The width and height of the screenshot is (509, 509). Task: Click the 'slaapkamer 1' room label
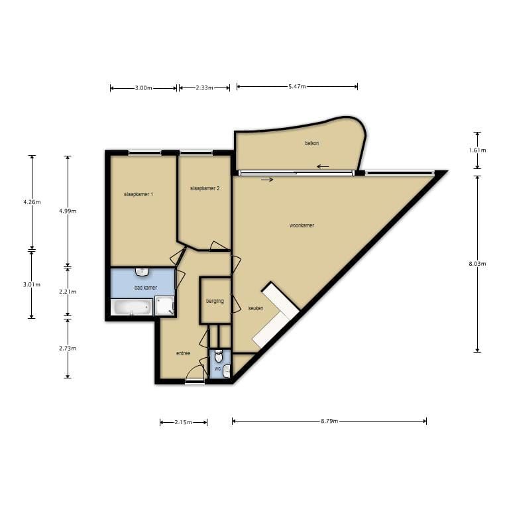[x=139, y=194]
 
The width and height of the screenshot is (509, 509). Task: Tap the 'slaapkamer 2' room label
[x=204, y=188]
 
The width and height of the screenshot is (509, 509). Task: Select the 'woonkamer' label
[x=302, y=225]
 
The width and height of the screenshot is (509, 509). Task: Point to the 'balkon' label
[x=312, y=143]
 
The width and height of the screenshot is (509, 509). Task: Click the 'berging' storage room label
[x=215, y=301]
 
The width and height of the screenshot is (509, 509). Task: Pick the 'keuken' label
[x=256, y=308]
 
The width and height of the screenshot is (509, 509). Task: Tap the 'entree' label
[x=184, y=353]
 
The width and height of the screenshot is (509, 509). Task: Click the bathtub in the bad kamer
[x=132, y=308]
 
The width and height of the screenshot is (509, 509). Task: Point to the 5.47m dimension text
[x=297, y=87]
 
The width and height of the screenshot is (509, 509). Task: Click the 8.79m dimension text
[x=329, y=421]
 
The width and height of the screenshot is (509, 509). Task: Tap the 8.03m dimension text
[x=477, y=264]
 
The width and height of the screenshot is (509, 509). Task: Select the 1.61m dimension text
[x=477, y=150]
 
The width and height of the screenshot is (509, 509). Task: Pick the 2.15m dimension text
[x=184, y=422]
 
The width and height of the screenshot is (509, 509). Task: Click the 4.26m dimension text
[x=32, y=202]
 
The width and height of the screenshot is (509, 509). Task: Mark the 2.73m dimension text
[x=68, y=348]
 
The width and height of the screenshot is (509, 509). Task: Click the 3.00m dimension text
[x=144, y=88]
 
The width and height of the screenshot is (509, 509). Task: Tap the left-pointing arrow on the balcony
[x=323, y=166]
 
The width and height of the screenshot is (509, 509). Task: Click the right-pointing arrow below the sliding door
[x=266, y=179]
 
